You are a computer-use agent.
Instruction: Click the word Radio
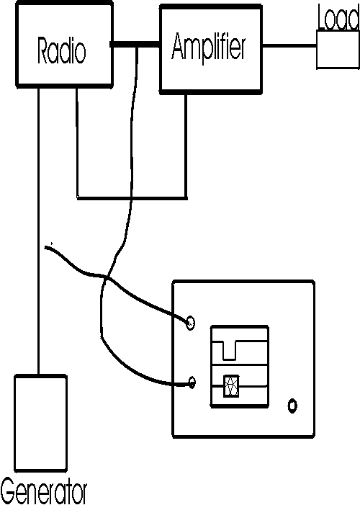[62, 50]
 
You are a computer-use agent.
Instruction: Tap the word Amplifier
[209, 46]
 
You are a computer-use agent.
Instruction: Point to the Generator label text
[44, 493]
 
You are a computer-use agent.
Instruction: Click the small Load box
[338, 50]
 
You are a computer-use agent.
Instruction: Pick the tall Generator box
[40, 423]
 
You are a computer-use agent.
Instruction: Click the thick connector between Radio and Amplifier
[135, 45]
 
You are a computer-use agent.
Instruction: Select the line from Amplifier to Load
[289, 45]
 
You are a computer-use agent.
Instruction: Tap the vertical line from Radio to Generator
[39, 231]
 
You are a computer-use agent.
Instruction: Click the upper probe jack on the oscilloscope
[190, 323]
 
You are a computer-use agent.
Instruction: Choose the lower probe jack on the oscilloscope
[192, 383]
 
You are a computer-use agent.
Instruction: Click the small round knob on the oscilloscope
[292, 406]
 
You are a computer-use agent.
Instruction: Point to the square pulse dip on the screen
[229, 351]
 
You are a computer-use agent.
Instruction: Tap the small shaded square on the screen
[231, 385]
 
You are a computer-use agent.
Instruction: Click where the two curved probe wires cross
[107, 277]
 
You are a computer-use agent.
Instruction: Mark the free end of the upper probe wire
[45, 247]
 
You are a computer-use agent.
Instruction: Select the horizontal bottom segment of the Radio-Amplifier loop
[132, 197]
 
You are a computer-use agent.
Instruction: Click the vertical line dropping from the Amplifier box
[186, 146]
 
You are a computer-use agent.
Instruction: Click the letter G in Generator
[8, 493]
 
